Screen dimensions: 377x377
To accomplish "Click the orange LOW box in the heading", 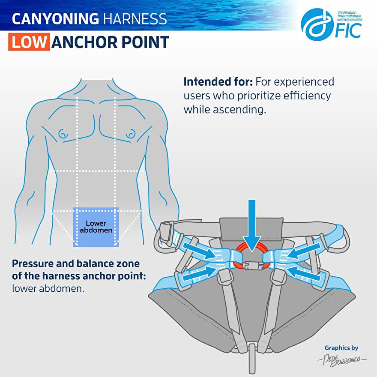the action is click(x=29, y=42).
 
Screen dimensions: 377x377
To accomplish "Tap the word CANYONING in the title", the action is click(x=55, y=19).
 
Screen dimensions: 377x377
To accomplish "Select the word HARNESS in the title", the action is click(x=135, y=19).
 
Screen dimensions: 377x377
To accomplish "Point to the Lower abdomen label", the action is click(x=96, y=227).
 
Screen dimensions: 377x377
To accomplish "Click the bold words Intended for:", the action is click(x=218, y=82).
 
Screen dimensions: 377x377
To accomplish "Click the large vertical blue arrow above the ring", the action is click(x=252, y=225).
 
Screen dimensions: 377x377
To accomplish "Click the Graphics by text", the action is click(x=341, y=348).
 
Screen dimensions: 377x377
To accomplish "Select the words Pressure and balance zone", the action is click(x=76, y=263).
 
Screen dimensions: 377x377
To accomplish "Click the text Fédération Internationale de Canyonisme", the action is click(x=350, y=16).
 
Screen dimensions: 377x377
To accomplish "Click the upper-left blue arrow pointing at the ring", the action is click(x=199, y=250).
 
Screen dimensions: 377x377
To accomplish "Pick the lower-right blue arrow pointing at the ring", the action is click(x=303, y=273).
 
